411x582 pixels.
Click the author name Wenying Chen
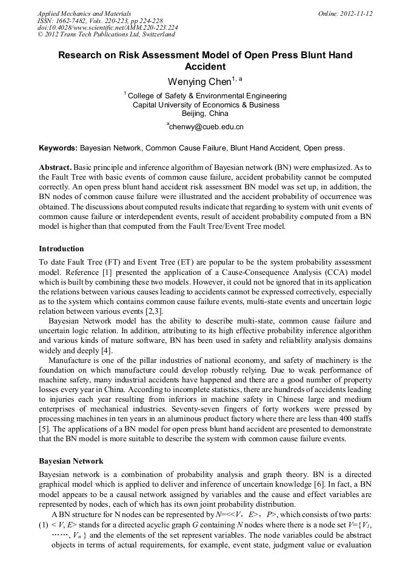point(199,81)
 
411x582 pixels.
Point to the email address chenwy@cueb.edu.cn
point(206,127)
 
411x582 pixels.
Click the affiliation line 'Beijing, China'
point(205,113)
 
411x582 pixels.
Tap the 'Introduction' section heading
point(61,249)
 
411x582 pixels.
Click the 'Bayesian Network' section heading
point(71,461)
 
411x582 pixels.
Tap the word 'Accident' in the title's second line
point(205,67)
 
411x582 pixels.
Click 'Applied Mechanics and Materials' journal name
point(84,13)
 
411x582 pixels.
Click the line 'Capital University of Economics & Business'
point(206,104)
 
